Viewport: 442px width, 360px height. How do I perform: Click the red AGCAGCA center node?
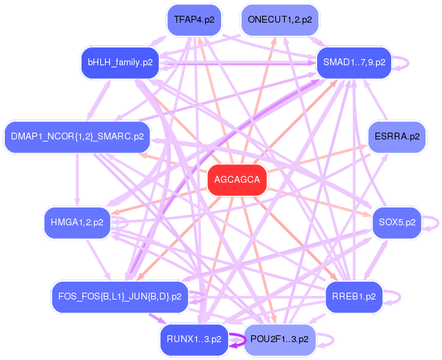click(237, 180)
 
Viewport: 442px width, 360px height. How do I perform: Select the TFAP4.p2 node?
click(194, 20)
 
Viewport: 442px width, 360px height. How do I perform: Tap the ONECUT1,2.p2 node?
click(279, 20)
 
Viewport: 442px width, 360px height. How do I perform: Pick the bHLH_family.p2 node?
click(120, 63)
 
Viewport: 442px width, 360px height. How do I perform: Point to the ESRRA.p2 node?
click(396, 137)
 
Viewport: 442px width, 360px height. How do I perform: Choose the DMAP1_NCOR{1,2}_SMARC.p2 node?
click(77, 137)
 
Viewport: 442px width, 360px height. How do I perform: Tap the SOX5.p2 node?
click(396, 223)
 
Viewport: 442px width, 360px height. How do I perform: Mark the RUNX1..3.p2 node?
click(194, 339)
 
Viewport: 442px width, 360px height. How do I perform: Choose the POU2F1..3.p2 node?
click(279, 339)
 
